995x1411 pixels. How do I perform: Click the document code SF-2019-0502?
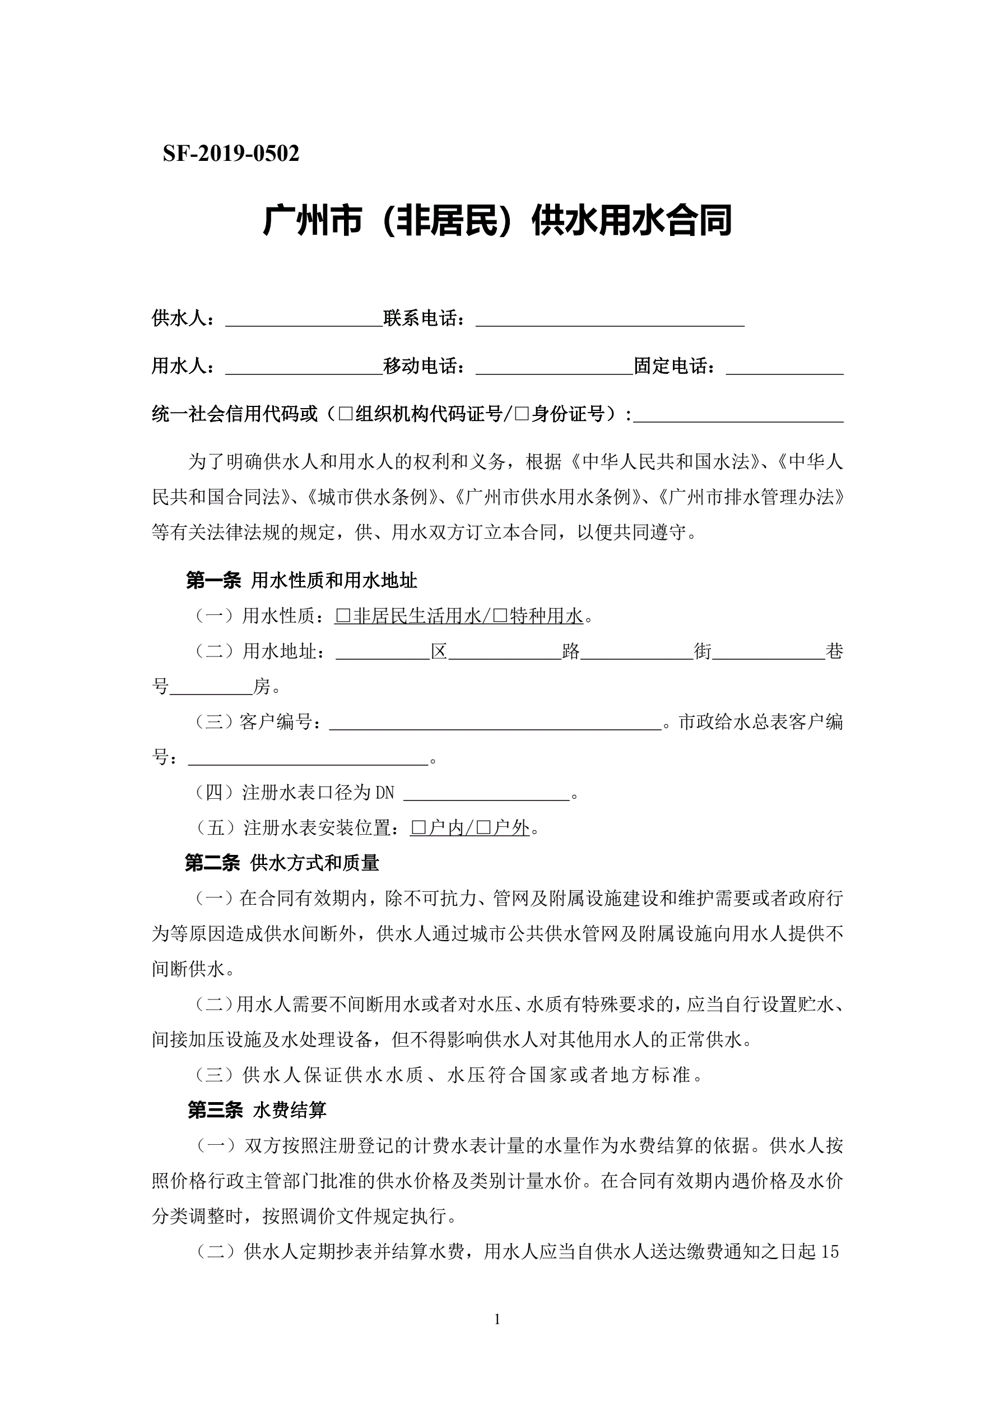(x=231, y=154)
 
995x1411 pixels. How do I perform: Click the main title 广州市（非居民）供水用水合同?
(x=497, y=221)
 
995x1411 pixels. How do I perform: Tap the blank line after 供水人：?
(x=304, y=320)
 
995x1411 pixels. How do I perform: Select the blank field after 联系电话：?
(x=610, y=320)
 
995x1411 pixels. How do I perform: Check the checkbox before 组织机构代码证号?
(x=346, y=414)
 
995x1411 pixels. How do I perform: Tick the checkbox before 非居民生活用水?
(x=343, y=616)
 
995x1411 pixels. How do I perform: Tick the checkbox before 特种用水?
(x=500, y=616)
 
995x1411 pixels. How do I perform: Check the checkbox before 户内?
(x=419, y=829)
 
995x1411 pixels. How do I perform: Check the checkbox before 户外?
(x=483, y=829)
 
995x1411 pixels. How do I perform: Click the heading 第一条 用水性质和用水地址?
(x=301, y=580)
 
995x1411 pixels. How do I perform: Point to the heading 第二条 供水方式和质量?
(x=282, y=863)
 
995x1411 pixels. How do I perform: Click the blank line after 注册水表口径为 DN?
(x=486, y=794)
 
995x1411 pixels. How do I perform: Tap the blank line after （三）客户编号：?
(x=495, y=723)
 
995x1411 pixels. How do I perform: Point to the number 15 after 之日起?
(x=829, y=1252)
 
